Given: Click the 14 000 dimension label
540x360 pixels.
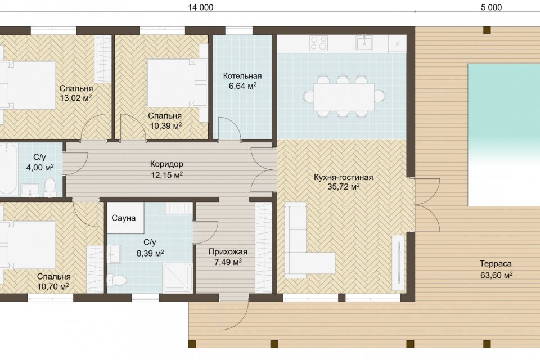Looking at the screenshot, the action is coord(200,7).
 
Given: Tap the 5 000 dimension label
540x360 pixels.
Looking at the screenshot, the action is coord(492,7).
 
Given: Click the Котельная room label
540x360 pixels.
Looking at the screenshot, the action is coord(242,76).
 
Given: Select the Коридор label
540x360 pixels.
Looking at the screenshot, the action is coord(166,164).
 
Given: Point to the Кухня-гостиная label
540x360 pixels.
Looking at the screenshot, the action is coord(343,177).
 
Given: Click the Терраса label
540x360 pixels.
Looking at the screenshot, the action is coord(496,264).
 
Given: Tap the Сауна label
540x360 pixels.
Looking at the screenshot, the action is coord(124,218).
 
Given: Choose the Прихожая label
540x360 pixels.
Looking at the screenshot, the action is coord(228,252).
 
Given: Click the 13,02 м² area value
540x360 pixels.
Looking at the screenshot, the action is coord(76,98).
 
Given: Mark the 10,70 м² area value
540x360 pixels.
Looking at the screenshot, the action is coord(53,286).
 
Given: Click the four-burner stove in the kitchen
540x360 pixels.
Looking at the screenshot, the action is coord(318,43).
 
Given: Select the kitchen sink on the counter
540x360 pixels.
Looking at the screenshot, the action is coord(364,43).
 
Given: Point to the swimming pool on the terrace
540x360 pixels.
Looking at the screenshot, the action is coord(503,135).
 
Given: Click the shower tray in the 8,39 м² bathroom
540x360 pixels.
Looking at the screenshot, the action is coord(177,277).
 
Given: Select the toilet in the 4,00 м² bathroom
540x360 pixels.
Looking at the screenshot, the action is coord(50,187).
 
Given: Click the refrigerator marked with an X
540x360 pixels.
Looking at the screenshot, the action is coord(397,44).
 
